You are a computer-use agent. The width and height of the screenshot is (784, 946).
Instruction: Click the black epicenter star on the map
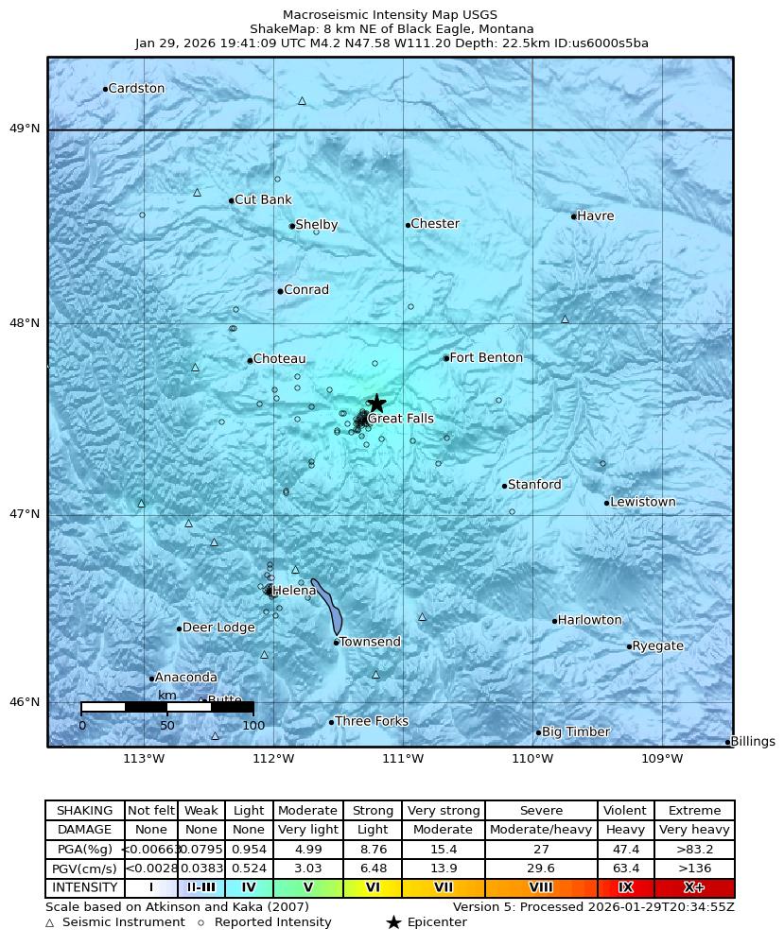click(376, 404)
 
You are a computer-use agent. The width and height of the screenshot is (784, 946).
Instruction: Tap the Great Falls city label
click(401, 419)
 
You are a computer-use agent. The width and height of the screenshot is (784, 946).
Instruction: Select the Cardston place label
click(136, 89)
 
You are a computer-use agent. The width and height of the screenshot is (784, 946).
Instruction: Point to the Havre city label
click(595, 216)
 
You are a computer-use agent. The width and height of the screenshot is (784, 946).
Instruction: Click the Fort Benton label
click(486, 358)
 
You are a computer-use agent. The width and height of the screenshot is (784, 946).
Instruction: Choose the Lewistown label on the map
click(643, 503)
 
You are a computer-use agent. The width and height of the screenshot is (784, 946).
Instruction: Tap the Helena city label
click(294, 592)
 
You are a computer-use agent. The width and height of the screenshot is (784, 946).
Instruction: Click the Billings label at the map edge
click(753, 742)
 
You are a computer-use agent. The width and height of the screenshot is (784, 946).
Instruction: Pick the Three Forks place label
click(372, 722)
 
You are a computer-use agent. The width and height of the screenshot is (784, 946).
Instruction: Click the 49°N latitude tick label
click(25, 129)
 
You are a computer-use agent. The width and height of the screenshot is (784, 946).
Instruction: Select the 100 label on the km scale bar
click(253, 726)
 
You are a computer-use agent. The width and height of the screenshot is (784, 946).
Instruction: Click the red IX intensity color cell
click(625, 888)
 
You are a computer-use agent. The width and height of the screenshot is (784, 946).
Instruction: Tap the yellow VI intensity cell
click(373, 888)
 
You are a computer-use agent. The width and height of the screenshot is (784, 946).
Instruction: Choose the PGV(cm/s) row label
click(85, 869)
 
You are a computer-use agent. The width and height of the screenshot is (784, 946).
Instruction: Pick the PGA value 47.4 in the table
click(625, 850)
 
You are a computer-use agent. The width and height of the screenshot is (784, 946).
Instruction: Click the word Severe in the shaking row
click(541, 811)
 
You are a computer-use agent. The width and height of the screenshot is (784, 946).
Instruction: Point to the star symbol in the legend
click(393, 922)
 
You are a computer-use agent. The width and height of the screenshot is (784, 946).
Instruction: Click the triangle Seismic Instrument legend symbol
click(50, 923)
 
